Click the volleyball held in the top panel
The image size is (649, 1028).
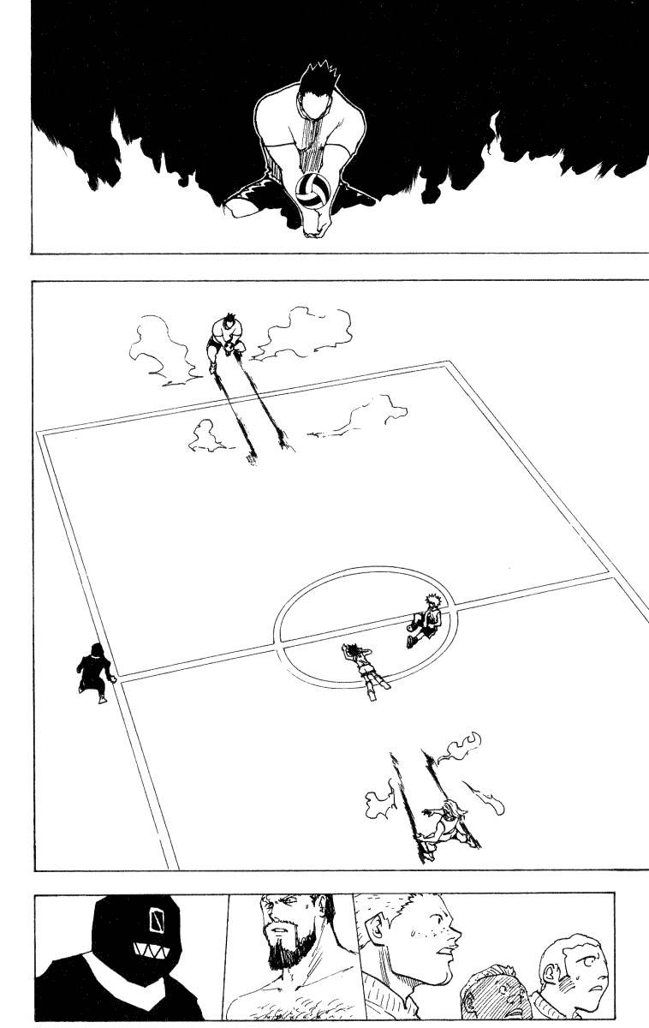[x=310, y=189]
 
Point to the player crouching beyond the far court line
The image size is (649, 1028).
[x=225, y=342]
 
